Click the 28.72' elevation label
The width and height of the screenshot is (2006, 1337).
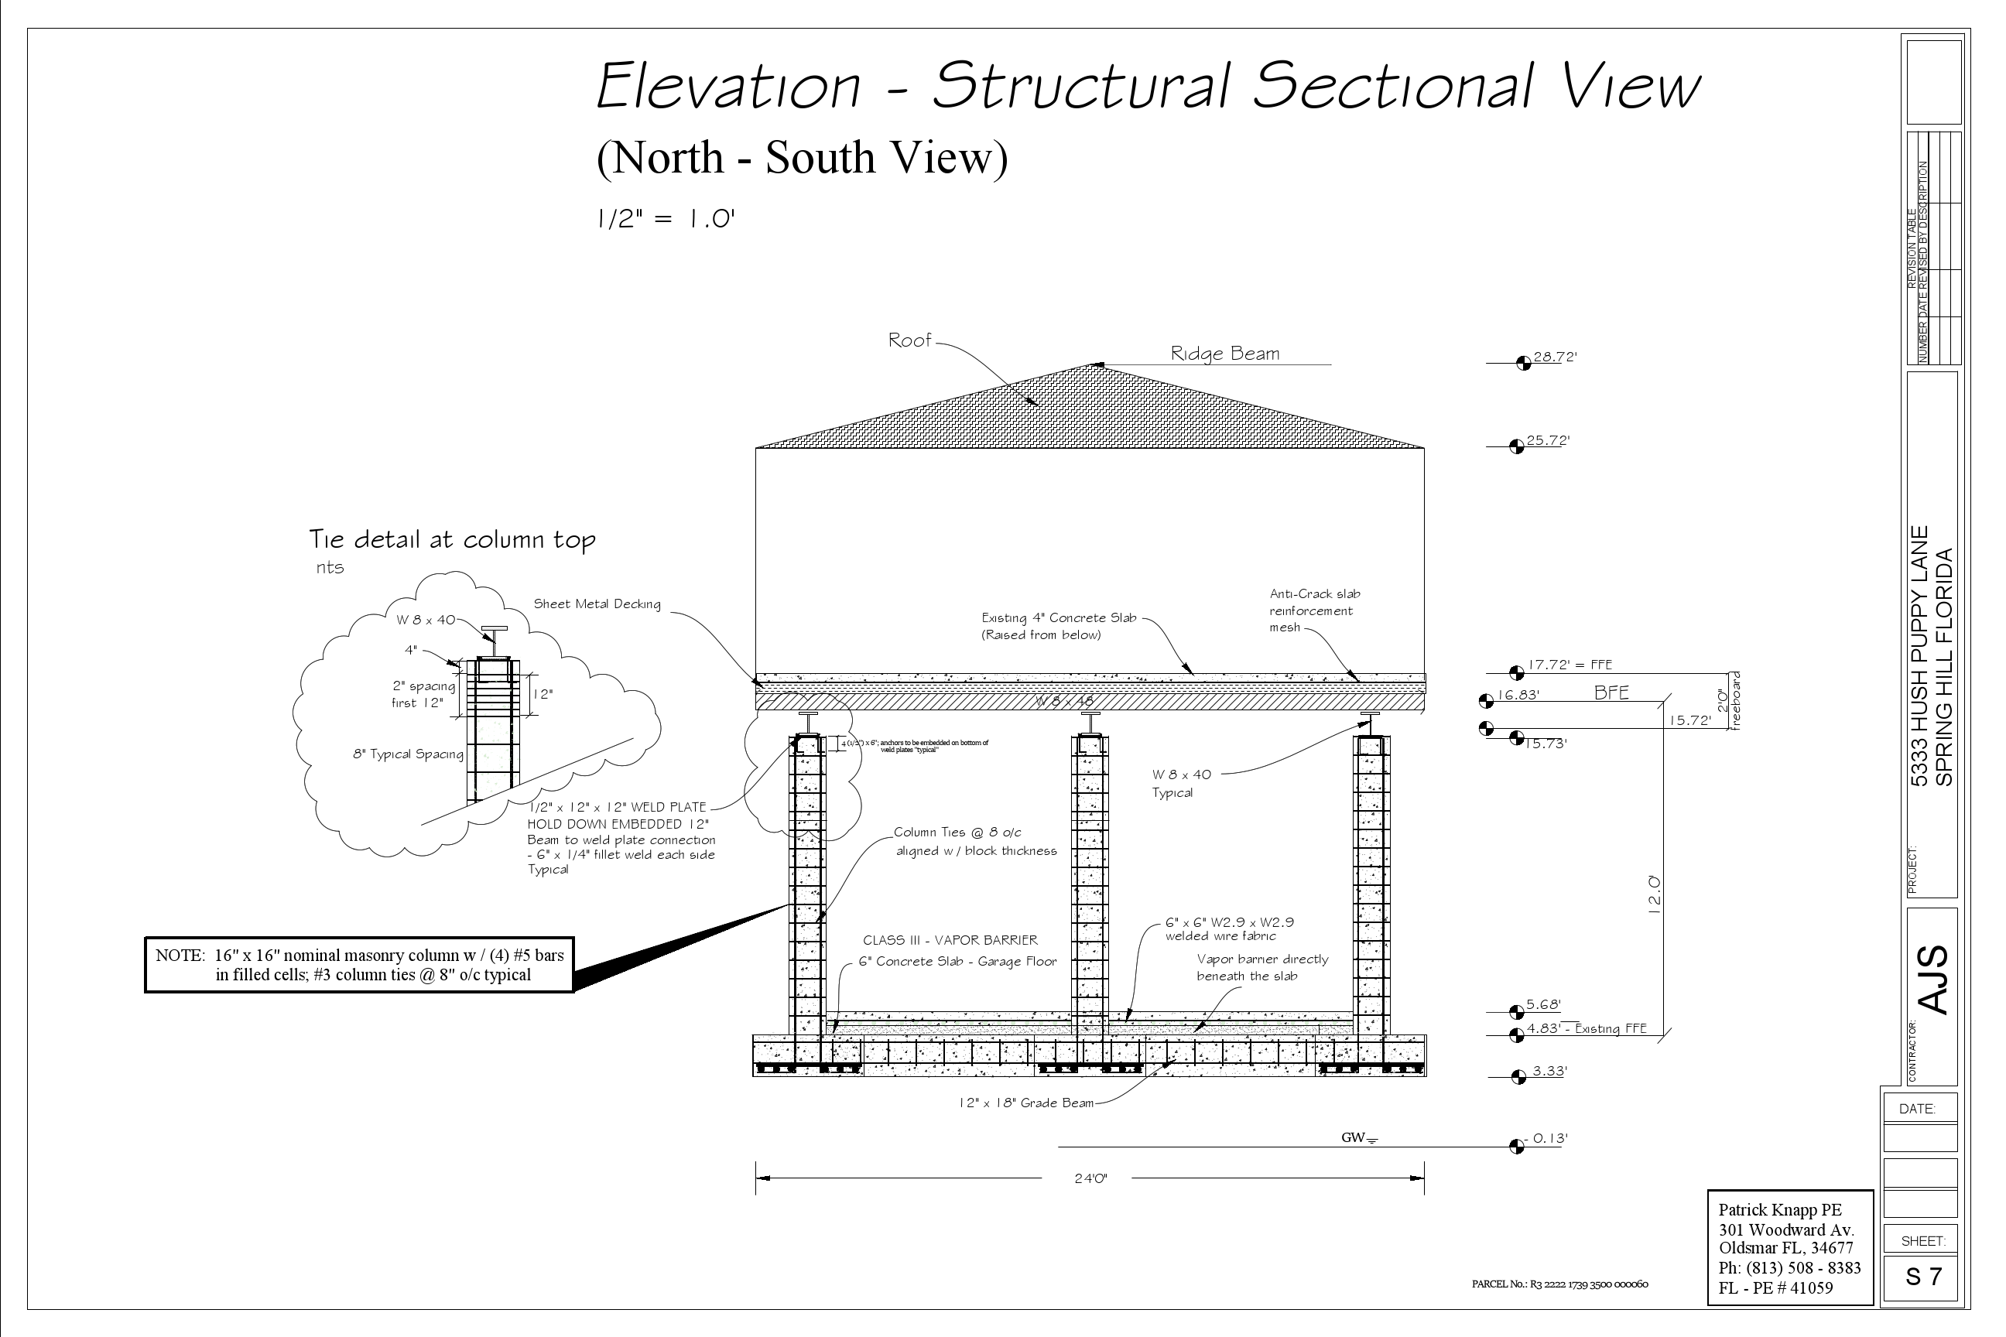1554,357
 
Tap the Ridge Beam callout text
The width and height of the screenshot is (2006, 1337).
1225,354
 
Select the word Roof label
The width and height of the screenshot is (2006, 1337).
909,340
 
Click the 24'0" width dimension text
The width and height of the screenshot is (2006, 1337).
1090,1179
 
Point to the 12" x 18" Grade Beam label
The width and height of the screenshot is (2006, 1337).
1025,1103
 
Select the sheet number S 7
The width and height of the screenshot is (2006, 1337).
1923,1277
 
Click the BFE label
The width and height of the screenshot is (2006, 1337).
1611,693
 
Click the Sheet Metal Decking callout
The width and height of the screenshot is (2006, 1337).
597,604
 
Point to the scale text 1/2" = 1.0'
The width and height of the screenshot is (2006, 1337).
666,219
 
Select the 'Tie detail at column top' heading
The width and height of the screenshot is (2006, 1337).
452,540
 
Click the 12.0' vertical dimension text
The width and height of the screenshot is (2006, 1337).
1654,894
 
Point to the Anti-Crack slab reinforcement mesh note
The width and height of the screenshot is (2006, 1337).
1314,610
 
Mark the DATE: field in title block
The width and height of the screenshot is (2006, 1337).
1916,1110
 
